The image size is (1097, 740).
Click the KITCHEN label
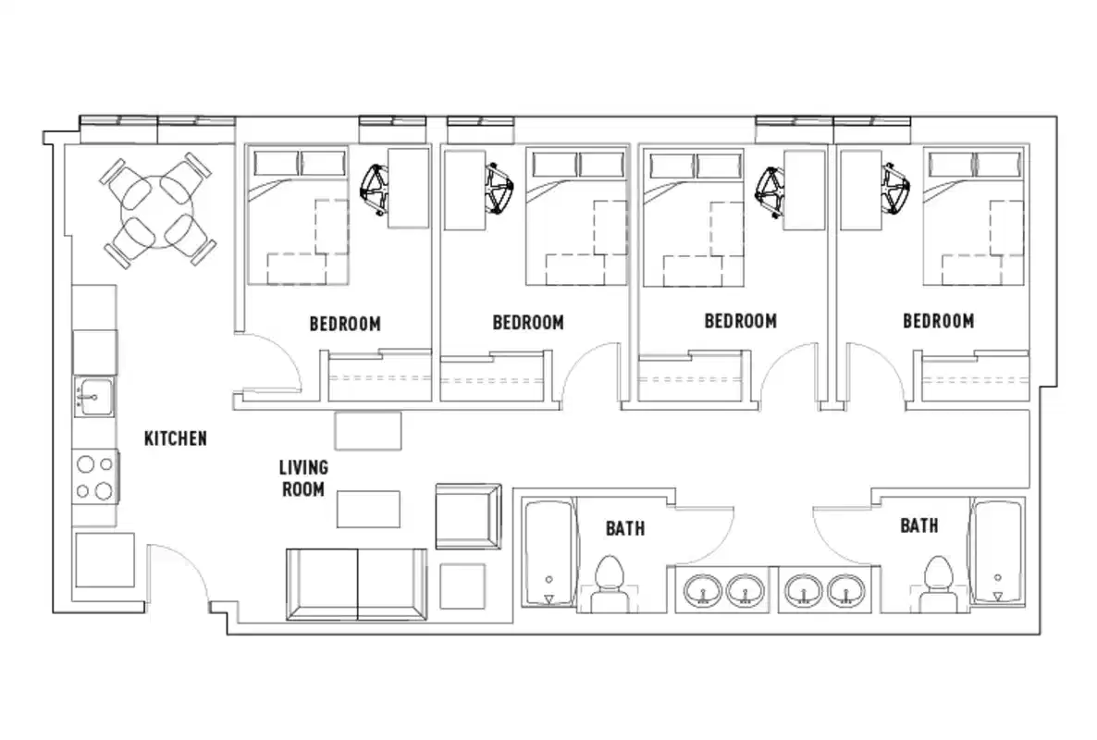click(x=175, y=438)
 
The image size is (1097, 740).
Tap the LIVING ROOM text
click(x=304, y=478)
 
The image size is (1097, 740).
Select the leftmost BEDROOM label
click(x=344, y=324)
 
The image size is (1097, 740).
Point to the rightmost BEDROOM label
click(x=938, y=321)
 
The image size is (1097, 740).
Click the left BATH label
click(x=625, y=528)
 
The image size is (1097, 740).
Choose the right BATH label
click(x=919, y=525)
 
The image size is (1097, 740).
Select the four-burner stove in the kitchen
click(x=94, y=476)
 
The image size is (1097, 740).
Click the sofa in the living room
click(x=357, y=584)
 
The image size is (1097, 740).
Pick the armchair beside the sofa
click(x=467, y=515)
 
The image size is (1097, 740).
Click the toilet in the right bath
click(x=938, y=583)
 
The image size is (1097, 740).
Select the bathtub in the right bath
click(x=997, y=552)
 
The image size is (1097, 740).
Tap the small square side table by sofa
click(x=462, y=586)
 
